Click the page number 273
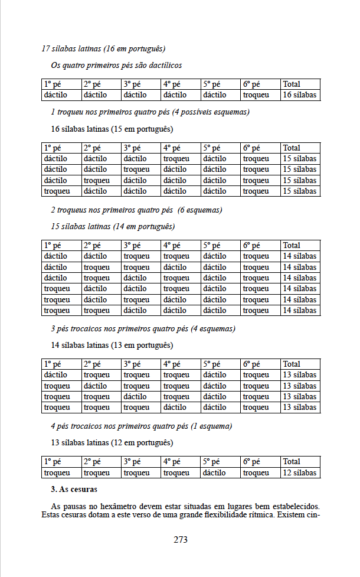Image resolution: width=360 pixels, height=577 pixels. tap(181, 539)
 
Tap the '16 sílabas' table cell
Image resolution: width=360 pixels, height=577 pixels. tap(299, 95)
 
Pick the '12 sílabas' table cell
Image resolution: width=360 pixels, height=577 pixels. tap(299, 473)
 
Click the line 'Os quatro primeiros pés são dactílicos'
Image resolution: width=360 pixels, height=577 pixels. tap(116, 65)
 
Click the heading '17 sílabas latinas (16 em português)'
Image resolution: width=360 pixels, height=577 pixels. tap(103, 48)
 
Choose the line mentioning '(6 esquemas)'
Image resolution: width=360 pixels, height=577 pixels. tap(136, 210)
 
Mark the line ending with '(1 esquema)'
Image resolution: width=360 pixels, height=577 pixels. tap(141, 426)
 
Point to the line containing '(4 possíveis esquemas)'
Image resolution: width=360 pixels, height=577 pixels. tap(150, 112)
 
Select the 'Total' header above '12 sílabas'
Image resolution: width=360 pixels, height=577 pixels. tap(292, 462)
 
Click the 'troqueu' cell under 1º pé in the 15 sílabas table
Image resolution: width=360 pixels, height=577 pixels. tap(57, 191)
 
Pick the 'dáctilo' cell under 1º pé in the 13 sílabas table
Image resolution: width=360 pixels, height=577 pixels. tap(55, 375)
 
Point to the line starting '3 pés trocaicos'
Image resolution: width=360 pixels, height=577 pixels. tap(143, 329)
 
